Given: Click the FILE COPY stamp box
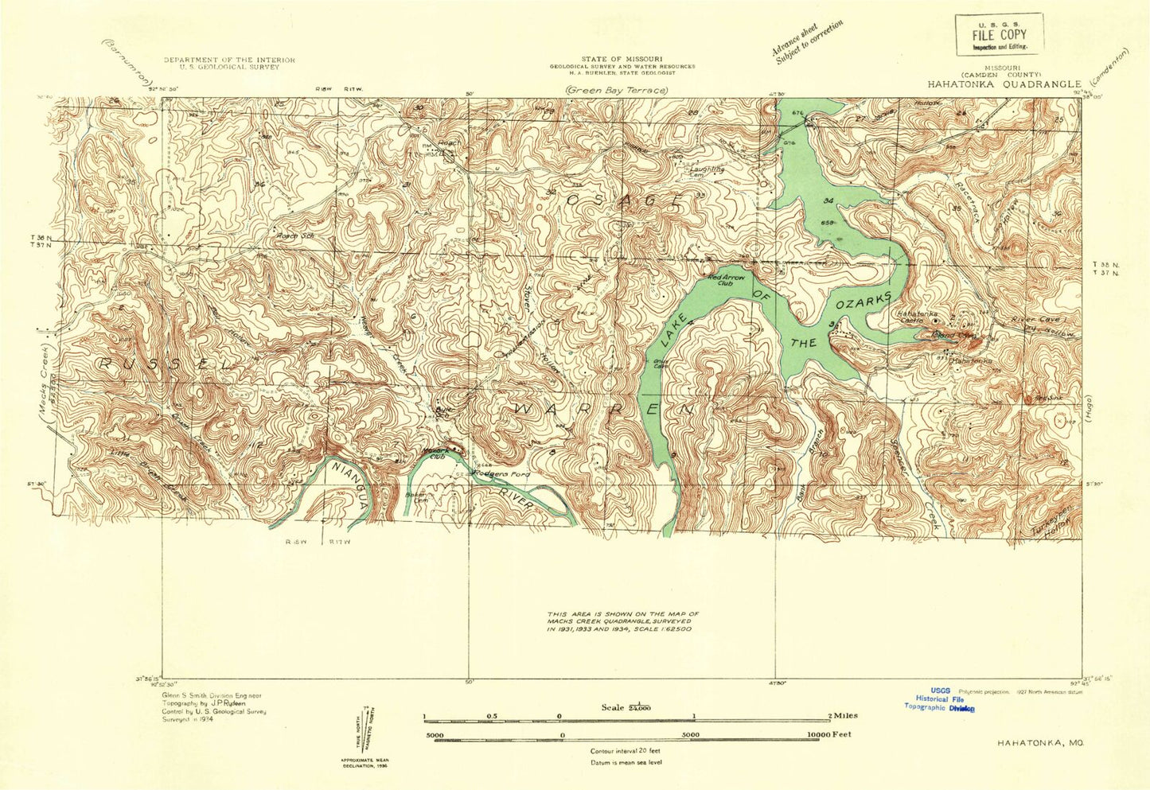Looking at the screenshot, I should pyautogui.click(x=999, y=34).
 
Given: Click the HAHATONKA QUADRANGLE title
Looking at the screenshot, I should pyautogui.click(x=1003, y=84).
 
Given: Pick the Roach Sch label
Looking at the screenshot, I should pyautogui.click(x=292, y=235).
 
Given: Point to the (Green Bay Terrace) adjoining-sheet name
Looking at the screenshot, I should pyautogui.click(x=616, y=91).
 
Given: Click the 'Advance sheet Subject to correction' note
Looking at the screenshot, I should pyautogui.click(x=805, y=41).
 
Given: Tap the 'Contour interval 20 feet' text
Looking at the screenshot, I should pyautogui.click(x=625, y=750).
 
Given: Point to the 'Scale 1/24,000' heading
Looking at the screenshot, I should pyautogui.click(x=626, y=707).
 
